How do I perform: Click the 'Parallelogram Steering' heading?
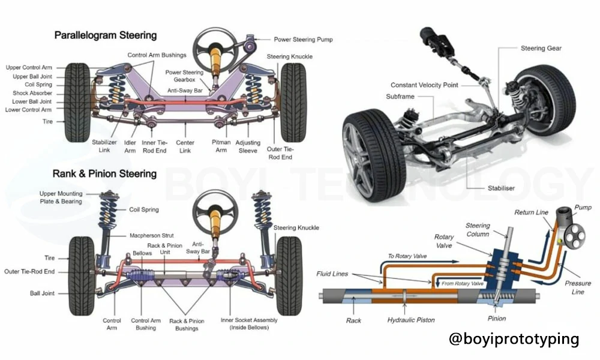pos(105,35)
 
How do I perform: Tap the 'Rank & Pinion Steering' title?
pos(105,174)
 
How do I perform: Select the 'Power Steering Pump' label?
pos(303,40)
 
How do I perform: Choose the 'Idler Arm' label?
pos(130,146)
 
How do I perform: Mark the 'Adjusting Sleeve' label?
pos(247,146)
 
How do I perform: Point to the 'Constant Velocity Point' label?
pos(424,85)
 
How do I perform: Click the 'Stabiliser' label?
pos(502,188)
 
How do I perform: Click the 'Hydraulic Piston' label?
pos(411,320)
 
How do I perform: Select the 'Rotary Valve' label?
pos(445,241)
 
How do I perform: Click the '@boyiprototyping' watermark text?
pos(514,339)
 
